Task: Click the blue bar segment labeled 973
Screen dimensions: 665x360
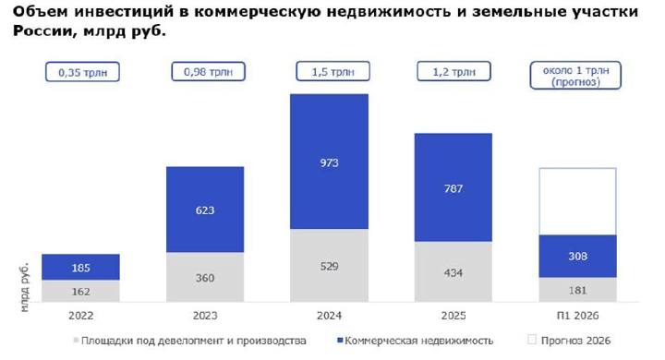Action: point(329,162)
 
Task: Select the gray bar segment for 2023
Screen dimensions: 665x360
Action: point(205,277)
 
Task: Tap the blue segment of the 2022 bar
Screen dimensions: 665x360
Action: point(80,267)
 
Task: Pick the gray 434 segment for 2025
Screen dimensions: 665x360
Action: point(453,271)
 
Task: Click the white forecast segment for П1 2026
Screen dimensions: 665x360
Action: point(577,201)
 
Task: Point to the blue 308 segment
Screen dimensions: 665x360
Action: point(577,256)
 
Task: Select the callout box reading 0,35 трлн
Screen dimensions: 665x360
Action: point(83,72)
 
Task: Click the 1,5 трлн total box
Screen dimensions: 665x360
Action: point(332,71)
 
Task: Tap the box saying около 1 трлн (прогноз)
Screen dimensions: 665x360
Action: point(575,76)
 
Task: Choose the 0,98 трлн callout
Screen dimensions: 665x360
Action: point(208,71)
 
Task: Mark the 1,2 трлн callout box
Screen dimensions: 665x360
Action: point(453,71)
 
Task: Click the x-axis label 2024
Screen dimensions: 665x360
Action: point(329,316)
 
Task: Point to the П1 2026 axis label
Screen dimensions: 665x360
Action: point(577,316)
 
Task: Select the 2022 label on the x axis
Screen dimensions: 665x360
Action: point(80,316)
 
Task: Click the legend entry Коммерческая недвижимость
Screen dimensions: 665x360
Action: point(416,341)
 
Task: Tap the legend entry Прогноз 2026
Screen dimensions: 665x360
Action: point(569,341)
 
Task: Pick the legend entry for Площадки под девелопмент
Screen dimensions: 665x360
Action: point(189,341)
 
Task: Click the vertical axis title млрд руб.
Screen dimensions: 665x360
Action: point(25,287)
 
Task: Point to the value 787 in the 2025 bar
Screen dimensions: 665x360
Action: point(453,188)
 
